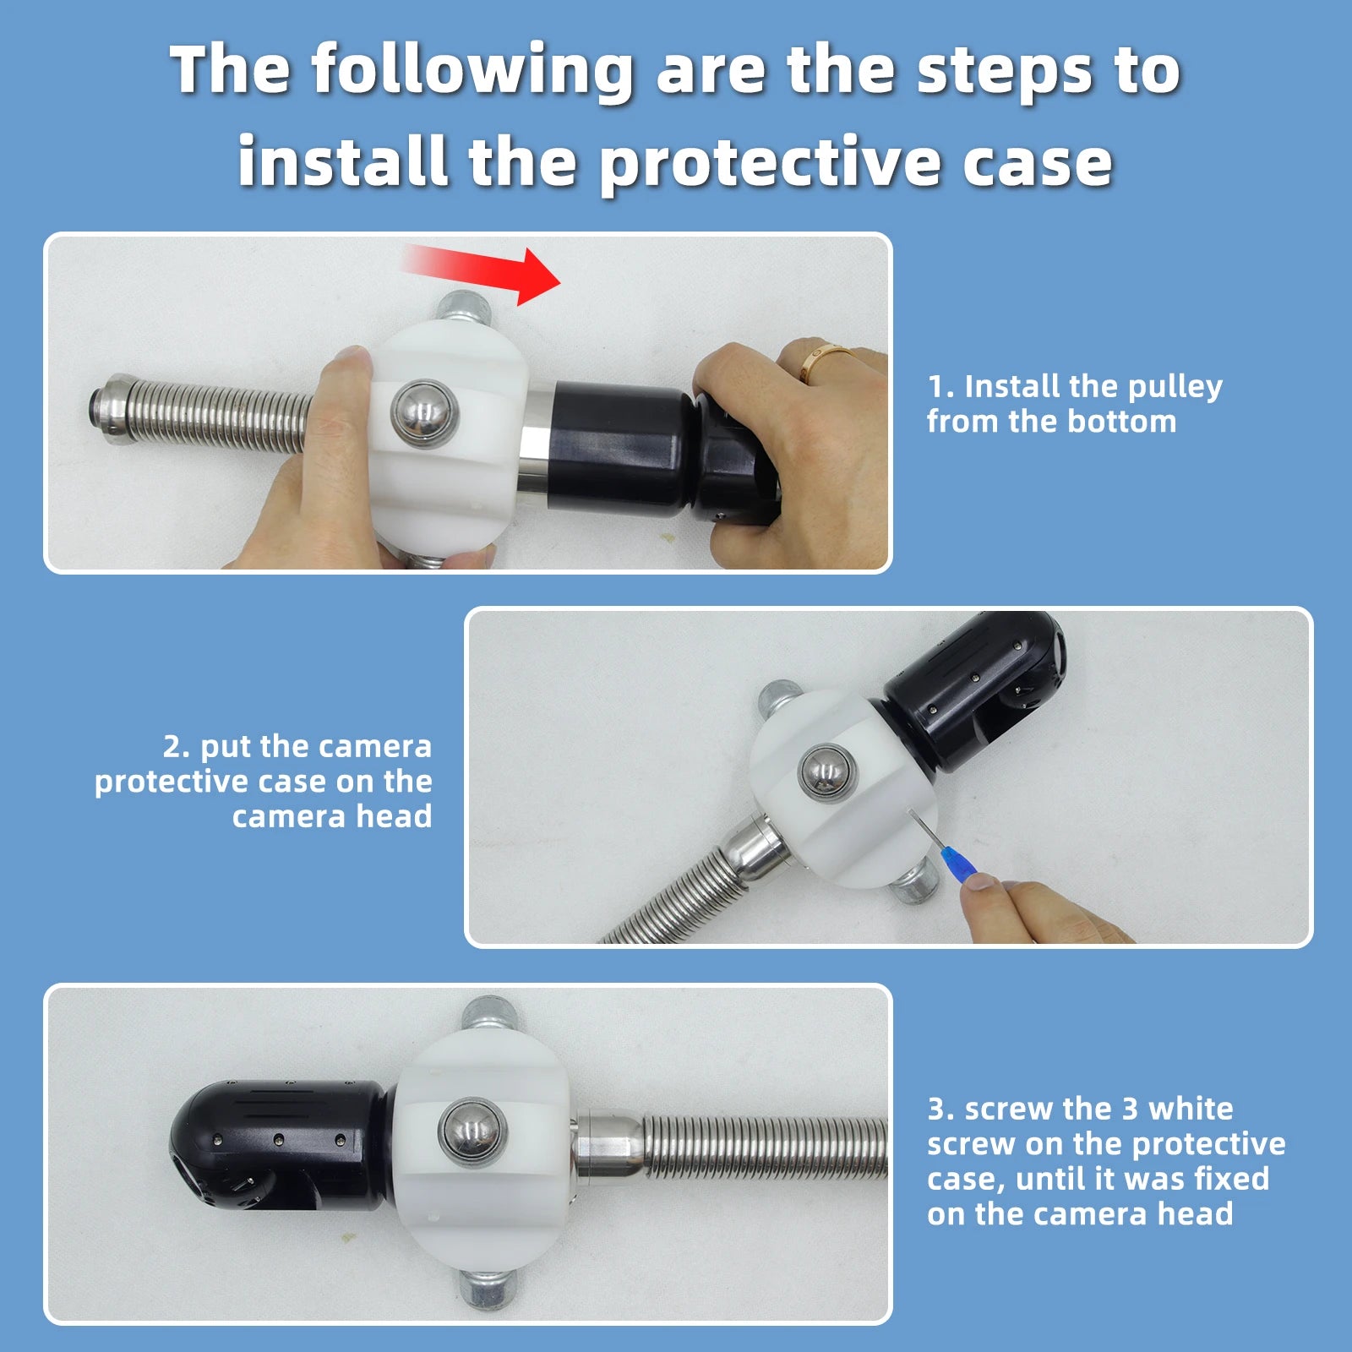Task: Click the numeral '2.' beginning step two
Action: pyautogui.click(x=177, y=747)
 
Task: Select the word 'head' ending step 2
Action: pyautogui.click(x=394, y=816)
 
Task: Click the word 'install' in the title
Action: pyautogui.click(x=343, y=160)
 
